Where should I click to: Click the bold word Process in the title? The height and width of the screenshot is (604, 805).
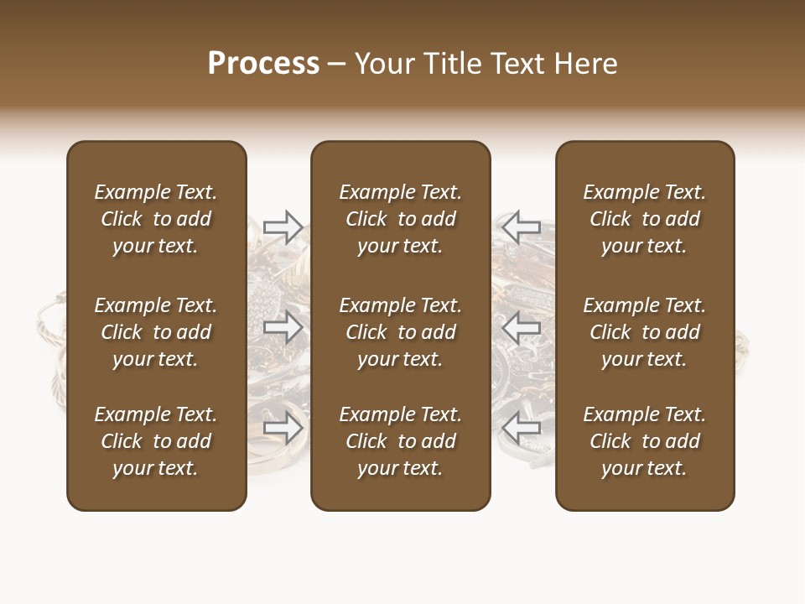[263, 64]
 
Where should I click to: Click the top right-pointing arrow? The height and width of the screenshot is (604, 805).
[283, 226]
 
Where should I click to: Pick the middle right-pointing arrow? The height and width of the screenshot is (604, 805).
[283, 327]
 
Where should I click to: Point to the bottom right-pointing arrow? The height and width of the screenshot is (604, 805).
[283, 428]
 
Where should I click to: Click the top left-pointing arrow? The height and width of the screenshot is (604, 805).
[522, 226]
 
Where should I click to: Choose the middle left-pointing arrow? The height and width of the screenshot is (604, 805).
[522, 327]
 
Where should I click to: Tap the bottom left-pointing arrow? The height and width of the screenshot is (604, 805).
[522, 428]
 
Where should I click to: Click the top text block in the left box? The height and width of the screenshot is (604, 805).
[156, 219]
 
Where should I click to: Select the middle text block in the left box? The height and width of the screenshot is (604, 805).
[156, 332]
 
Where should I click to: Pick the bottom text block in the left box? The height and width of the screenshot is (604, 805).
[156, 441]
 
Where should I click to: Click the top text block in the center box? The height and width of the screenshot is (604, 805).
[401, 219]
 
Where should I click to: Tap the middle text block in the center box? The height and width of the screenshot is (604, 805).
[401, 332]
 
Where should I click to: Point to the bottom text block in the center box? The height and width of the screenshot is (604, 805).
[401, 441]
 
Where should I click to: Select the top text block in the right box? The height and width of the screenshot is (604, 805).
[645, 219]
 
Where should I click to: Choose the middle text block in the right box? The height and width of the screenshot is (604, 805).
[645, 332]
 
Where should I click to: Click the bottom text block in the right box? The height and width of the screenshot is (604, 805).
[645, 441]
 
